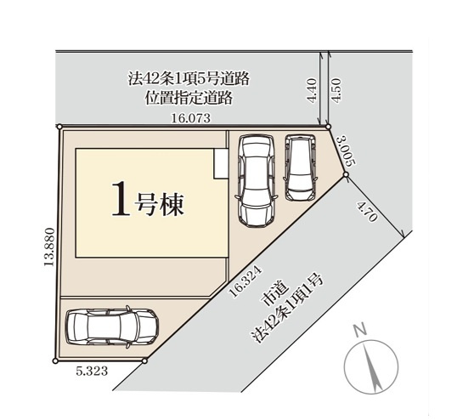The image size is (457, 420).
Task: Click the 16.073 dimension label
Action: click(189, 120)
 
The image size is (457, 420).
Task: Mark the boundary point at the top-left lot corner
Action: click(59, 128)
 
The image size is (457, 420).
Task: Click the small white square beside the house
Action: click(220, 165)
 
